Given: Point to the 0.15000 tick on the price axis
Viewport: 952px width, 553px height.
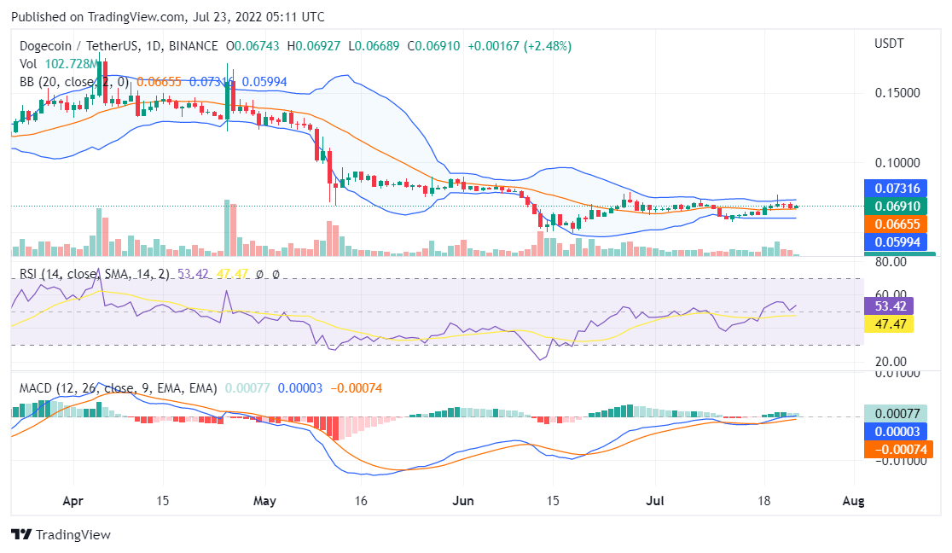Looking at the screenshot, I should click(897, 92).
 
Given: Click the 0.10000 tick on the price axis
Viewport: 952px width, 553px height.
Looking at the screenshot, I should click(897, 162).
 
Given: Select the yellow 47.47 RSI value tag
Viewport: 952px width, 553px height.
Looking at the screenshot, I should click(889, 324).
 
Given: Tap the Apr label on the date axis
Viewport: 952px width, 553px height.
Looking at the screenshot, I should click(73, 501).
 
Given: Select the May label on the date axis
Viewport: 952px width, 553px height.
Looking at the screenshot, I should click(265, 501).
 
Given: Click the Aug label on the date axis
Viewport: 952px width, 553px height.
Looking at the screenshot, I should click(853, 501).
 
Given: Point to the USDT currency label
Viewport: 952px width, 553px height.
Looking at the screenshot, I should click(889, 44).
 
